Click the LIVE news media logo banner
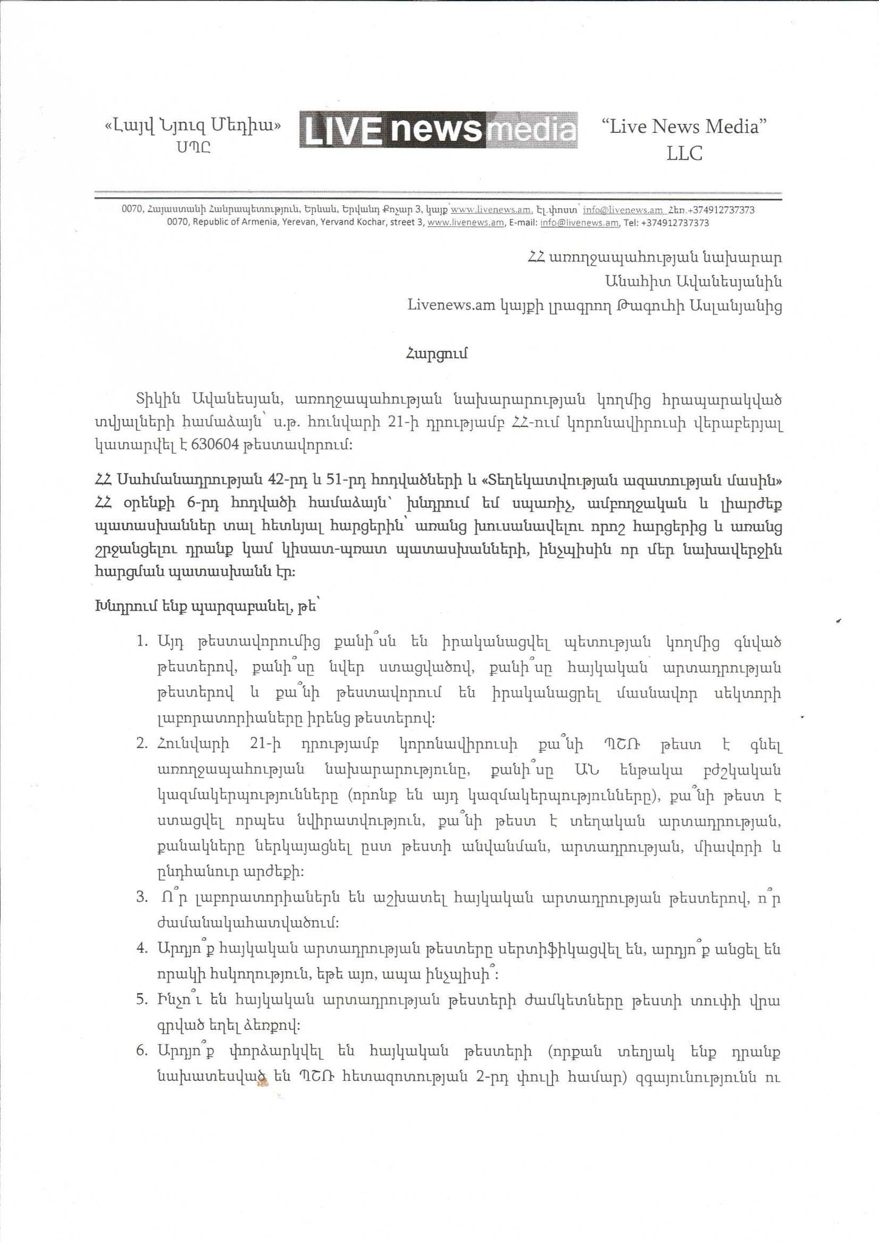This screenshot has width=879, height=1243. pos(438,129)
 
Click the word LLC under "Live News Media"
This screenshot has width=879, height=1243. pos(684,154)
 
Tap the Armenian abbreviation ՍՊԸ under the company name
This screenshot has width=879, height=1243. pos(194,147)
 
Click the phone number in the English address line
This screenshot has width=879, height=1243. pos(674,223)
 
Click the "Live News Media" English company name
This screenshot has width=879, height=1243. pos(684,127)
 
